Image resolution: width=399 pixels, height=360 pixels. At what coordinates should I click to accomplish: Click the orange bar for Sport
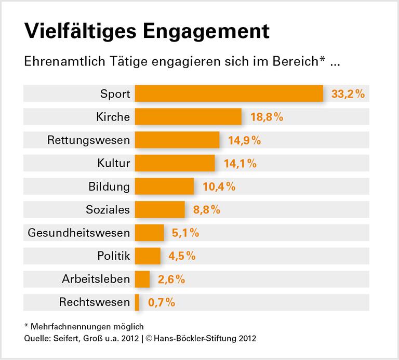229,94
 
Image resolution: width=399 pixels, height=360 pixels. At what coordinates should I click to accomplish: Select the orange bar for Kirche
188,117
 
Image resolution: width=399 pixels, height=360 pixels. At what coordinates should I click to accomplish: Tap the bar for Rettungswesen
177,140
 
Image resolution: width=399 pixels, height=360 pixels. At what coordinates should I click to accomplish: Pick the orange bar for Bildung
164,186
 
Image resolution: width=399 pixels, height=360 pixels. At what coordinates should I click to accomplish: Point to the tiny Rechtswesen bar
137,302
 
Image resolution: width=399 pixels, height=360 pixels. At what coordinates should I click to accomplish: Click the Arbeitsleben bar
142,279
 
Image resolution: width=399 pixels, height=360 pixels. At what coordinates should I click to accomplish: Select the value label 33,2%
348,94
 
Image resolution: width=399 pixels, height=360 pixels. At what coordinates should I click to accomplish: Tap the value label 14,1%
240,163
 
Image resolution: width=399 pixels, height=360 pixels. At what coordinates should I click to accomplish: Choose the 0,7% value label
162,302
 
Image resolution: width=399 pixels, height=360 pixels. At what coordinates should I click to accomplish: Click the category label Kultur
113,163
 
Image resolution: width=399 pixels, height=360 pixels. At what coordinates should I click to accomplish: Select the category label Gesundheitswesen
78,233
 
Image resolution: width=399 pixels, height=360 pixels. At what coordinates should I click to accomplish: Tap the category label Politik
113,256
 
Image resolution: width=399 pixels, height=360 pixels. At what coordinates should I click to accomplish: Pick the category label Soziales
108,209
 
